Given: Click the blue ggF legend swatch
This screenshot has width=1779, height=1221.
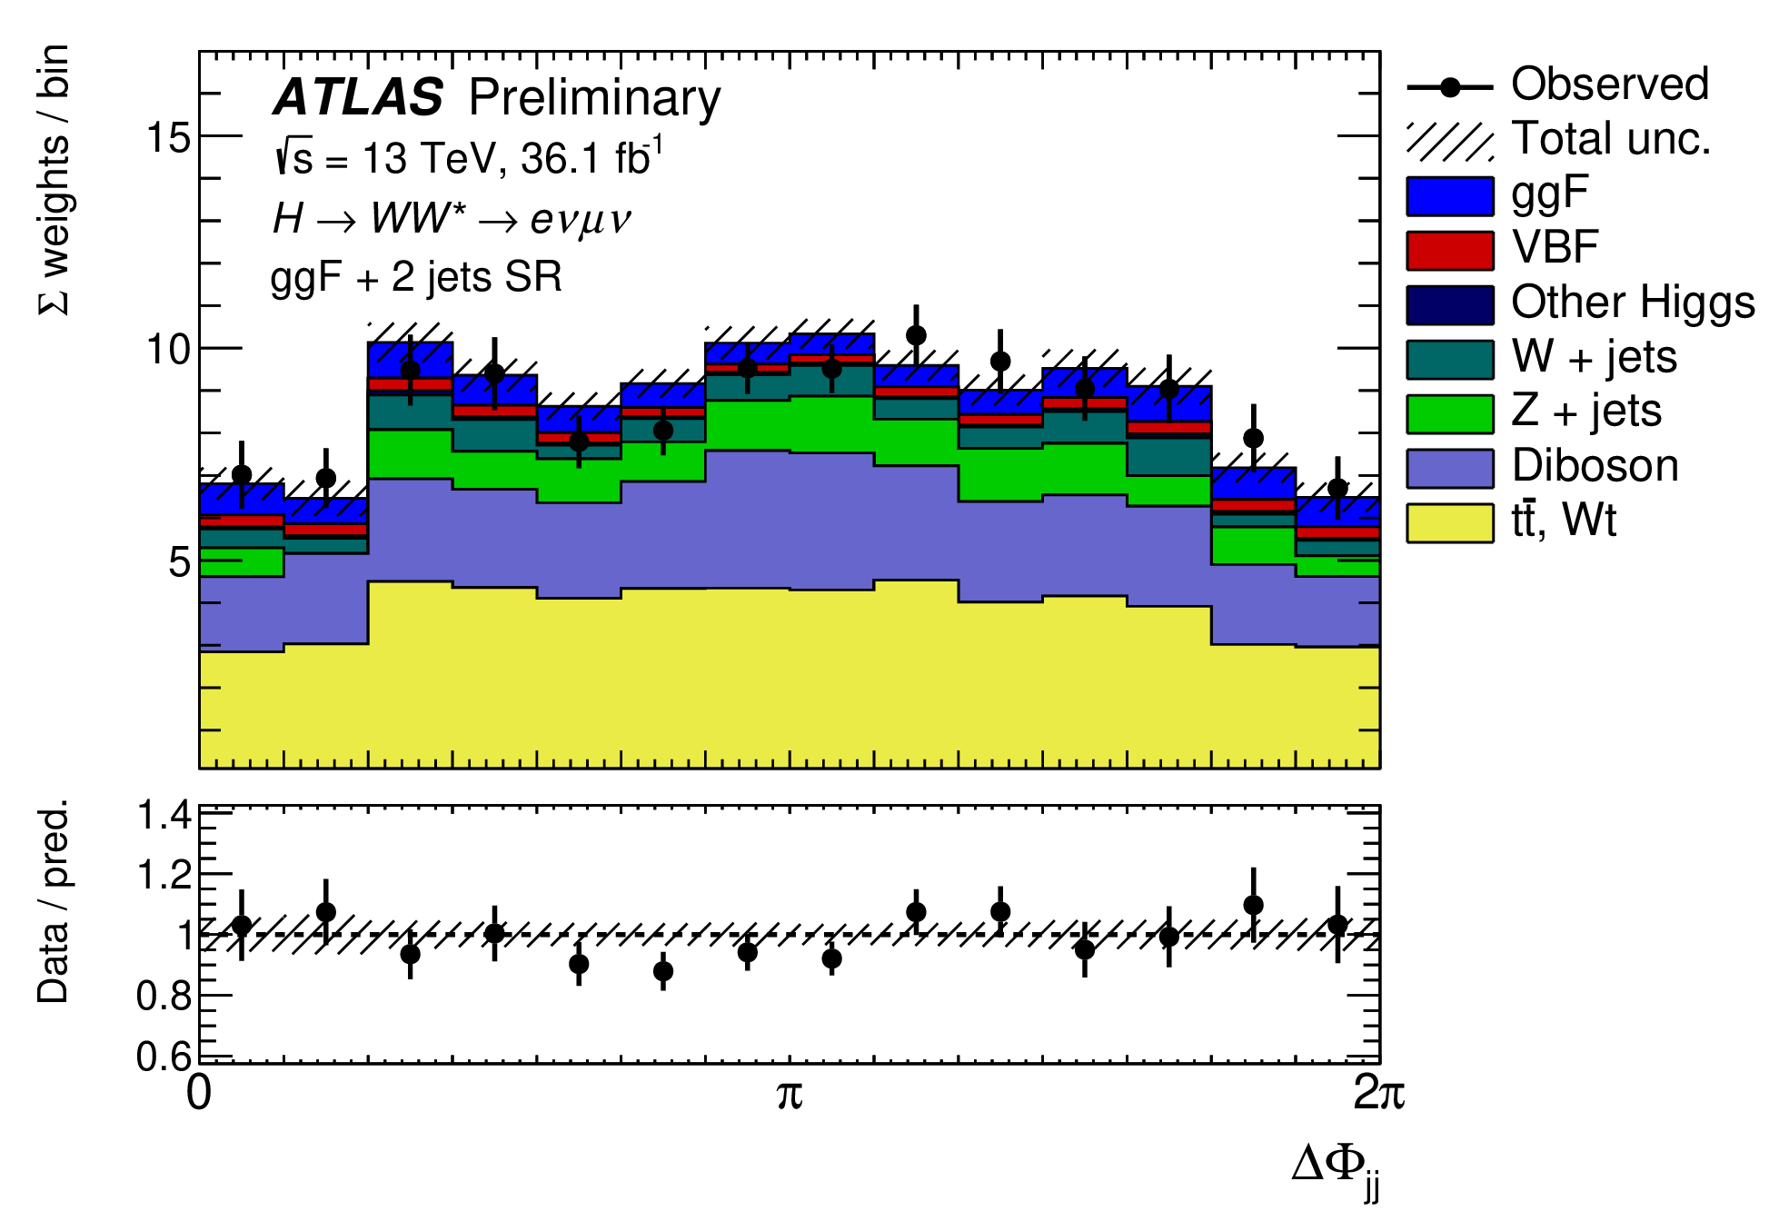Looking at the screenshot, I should tap(1449, 196).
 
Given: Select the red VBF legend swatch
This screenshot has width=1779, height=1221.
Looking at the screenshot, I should tap(1449, 251).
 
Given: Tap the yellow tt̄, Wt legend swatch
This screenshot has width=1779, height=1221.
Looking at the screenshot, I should tap(1449, 523).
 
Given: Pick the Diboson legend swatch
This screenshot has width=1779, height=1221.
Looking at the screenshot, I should tap(1449, 469).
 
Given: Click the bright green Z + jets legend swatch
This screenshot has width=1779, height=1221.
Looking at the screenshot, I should tap(1449, 414).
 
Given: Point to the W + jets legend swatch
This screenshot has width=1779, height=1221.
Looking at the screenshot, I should tap(1449, 360).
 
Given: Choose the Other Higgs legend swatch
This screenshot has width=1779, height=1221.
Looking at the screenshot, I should tap(1449, 305).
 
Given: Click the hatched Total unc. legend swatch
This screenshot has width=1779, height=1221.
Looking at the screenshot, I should tap(1449, 142).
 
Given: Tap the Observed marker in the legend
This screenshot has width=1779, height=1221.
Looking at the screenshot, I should tap(1450, 88).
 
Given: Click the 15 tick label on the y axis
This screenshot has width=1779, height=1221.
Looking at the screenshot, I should tap(167, 138).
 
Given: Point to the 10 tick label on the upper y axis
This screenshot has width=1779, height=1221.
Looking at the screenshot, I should tap(167, 349).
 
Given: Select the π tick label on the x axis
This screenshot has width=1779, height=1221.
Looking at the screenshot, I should tap(790, 1094).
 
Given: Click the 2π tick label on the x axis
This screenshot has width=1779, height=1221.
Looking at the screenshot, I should tap(1378, 1094).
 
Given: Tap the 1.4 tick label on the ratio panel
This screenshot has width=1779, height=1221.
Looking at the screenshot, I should tap(164, 816).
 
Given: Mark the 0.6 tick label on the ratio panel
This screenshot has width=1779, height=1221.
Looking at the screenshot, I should tap(164, 1056).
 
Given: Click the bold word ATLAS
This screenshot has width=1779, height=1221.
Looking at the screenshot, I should tap(358, 98).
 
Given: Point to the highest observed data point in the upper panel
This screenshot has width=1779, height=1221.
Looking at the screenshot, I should tap(916, 335).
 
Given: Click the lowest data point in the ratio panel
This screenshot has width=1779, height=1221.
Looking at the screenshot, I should tap(663, 971).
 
